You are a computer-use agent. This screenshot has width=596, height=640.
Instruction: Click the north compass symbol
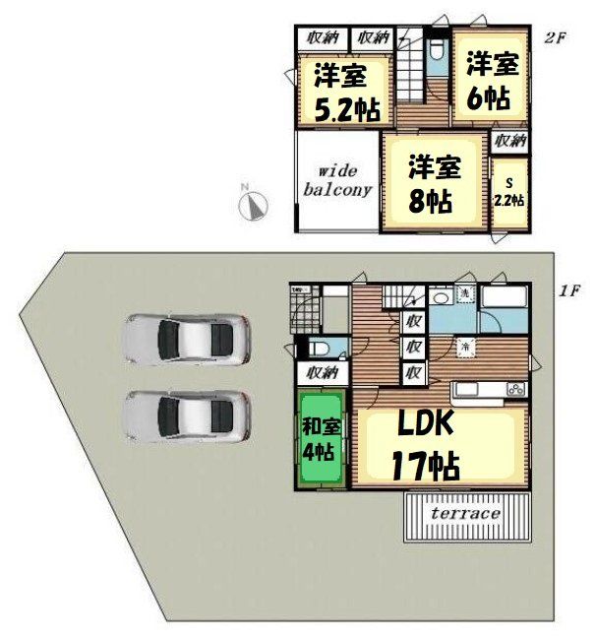[x=255, y=204]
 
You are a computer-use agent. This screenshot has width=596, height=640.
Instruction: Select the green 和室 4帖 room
[x=321, y=438]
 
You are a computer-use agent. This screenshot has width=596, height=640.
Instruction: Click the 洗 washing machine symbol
[x=463, y=295]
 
